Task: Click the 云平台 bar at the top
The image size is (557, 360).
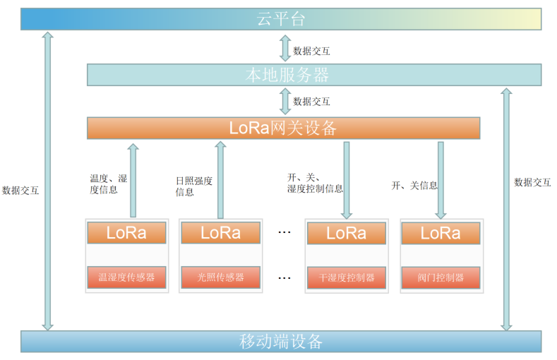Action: click(x=281, y=19)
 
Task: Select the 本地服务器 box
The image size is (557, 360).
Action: click(x=314, y=75)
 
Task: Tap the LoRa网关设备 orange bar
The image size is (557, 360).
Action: click(x=283, y=128)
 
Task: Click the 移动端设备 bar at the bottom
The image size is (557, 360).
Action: click(x=281, y=342)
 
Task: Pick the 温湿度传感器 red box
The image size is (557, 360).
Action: click(x=126, y=277)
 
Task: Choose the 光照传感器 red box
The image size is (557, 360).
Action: click(x=220, y=277)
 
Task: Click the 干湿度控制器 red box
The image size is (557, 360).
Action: click(x=347, y=277)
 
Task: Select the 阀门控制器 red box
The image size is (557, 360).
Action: click(x=441, y=277)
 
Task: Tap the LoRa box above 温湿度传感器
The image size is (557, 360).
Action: click(x=126, y=233)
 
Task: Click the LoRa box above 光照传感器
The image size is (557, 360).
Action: click(x=220, y=233)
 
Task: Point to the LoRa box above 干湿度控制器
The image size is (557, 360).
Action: click(x=347, y=233)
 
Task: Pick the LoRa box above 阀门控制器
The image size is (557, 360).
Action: click(x=441, y=233)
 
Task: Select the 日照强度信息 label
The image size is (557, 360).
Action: click(x=193, y=186)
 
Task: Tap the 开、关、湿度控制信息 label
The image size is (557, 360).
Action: click(x=315, y=183)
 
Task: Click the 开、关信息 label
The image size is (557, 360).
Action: click(x=414, y=186)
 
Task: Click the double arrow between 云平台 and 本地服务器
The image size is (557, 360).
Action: click(x=285, y=48)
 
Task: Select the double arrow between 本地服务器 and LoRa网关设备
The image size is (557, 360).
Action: click(x=285, y=101)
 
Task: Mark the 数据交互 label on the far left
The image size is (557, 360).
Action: click(x=20, y=190)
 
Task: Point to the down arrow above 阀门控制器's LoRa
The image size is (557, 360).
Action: click(x=441, y=180)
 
